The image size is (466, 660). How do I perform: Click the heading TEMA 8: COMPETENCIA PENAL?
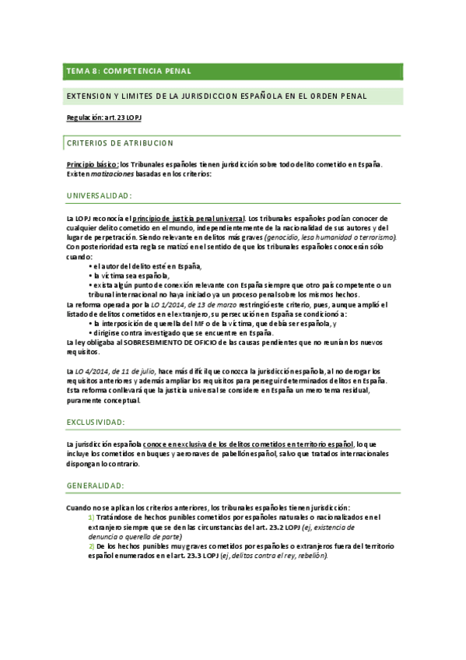[129, 71]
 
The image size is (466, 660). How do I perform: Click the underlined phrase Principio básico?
[92, 164]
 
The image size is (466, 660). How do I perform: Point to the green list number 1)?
[91, 518]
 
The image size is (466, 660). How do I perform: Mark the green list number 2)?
[91, 546]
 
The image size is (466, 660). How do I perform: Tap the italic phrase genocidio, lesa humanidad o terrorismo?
[331, 237]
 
